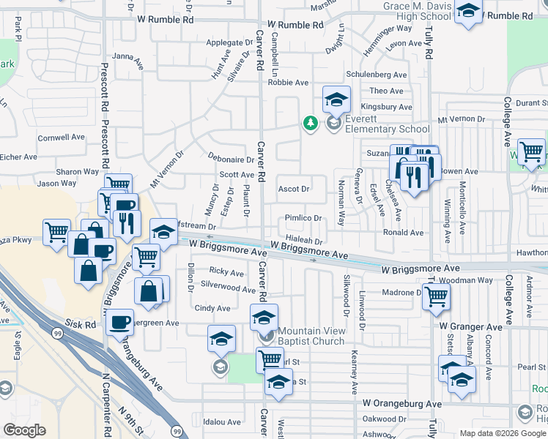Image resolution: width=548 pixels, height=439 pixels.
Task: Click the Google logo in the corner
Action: [24, 430]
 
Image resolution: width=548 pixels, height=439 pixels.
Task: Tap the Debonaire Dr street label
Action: [230, 159]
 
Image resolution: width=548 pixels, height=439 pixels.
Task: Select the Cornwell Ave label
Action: [62, 137]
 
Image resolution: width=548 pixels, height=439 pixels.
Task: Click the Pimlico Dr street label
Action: [303, 218]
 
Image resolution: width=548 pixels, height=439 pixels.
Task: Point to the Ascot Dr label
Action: [293, 189]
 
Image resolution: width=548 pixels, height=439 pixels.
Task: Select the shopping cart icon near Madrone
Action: [436, 296]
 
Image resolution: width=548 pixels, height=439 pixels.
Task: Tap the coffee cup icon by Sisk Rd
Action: [119, 321]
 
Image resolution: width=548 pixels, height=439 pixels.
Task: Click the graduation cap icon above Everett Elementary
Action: [336, 99]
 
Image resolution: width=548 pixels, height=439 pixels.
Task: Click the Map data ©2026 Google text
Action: [502, 433]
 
